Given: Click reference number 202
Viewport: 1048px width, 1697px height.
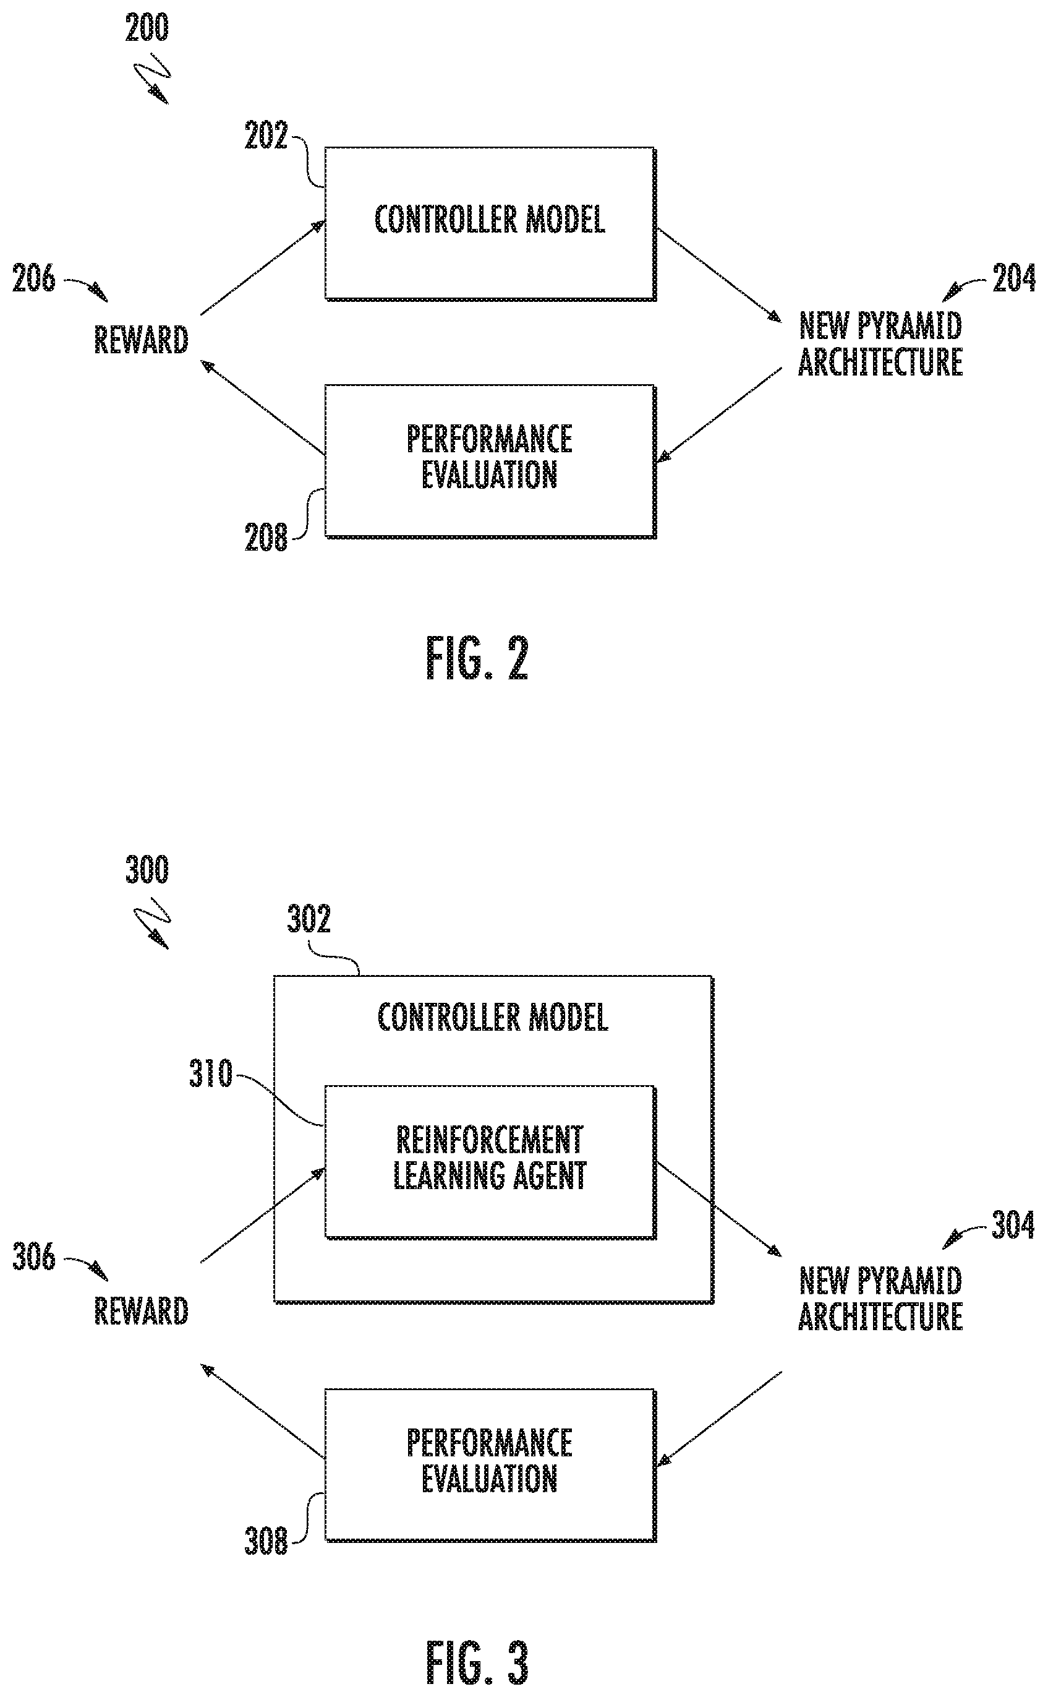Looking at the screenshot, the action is tap(265, 135).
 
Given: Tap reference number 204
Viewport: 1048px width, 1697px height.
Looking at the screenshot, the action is tap(1014, 279).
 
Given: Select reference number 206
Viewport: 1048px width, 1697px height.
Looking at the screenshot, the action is tap(33, 279).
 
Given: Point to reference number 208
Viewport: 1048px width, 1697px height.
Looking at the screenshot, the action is tap(265, 538).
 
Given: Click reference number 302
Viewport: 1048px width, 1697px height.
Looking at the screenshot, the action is tap(309, 919).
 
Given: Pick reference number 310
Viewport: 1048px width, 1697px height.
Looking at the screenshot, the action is tap(211, 1074).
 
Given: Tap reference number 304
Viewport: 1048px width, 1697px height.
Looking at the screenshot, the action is tap(1013, 1226).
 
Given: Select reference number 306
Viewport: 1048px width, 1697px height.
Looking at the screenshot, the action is tap(33, 1257).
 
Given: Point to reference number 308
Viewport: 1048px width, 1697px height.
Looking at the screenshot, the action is tap(265, 1542).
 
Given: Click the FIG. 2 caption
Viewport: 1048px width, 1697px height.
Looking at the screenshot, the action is tap(477, 658).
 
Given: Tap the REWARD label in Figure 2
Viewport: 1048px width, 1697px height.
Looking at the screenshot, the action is tap(142, 340).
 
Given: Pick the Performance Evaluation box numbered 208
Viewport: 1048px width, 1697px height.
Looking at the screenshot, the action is tap(490, 461).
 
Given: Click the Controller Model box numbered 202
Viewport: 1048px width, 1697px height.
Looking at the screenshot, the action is tap(490, 223).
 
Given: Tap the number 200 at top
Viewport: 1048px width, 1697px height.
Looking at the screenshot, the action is tap(147, 28).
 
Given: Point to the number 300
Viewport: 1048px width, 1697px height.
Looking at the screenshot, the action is tap(147, 870).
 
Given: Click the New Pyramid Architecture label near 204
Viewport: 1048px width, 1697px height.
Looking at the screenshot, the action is tap(880, 344).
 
